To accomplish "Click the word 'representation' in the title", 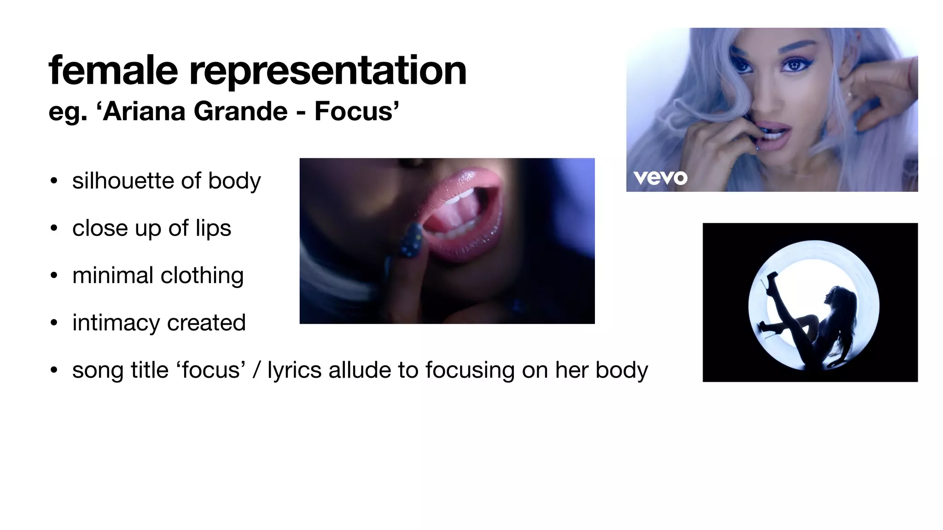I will tap(328, 71).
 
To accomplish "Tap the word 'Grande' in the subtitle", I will tap(240, 111).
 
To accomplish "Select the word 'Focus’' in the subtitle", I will tap(356, 111).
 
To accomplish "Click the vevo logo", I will tap(660, 178).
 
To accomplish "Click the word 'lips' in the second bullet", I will tap(213, 229).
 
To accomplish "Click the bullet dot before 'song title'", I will tap(54, 370).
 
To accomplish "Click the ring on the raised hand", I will tap(850, 95).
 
